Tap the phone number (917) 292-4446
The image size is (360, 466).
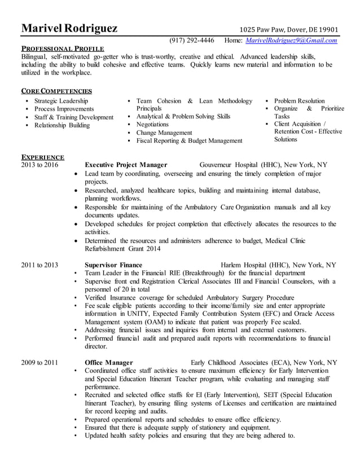[x=191, y=41]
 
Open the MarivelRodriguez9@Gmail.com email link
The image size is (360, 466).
[x=291, y=41]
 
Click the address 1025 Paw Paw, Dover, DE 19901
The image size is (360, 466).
[x=289, y=30]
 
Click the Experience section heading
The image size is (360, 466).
[x=42, y=157]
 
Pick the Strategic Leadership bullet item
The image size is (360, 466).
[x=61, y=100]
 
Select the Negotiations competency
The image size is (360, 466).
[x=152, y=124]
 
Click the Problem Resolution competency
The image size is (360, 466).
[x=299, y=100]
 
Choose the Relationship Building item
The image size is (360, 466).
[x=62, y=125]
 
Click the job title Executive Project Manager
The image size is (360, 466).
[x=126, y=165]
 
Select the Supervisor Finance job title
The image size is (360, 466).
[x=113, y=265]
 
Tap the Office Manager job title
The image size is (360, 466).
[x=109, y=362]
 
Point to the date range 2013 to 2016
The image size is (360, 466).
[x=39, y=165]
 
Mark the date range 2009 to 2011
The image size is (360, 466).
[x=39, y=362]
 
